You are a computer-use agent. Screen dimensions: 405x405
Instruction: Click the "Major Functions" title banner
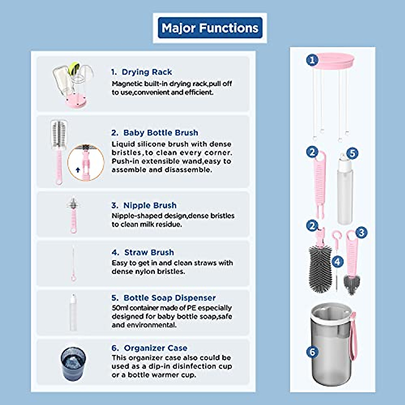point(210,28)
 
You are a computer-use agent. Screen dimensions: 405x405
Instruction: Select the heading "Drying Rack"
point(146,72)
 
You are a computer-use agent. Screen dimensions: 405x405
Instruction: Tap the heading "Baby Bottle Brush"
point(160,133)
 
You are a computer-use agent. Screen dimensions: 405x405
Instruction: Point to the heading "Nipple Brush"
point(150,205)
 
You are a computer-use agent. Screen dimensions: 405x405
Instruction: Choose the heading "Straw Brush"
point(149,252)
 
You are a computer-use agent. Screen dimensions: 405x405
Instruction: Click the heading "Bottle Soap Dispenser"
point(169,298)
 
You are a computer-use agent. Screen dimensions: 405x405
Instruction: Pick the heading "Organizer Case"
point(155,348)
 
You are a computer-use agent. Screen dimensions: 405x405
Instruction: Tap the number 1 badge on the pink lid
point(312,60)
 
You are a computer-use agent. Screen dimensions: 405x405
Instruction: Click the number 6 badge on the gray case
point(312,352)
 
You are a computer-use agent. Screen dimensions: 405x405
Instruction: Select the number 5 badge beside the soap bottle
point(352,153)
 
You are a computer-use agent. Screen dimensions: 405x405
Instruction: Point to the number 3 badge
point(361,232)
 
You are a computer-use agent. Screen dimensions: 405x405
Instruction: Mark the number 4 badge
point(337,261)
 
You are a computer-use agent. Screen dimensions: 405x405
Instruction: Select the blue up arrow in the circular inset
point(78,169)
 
